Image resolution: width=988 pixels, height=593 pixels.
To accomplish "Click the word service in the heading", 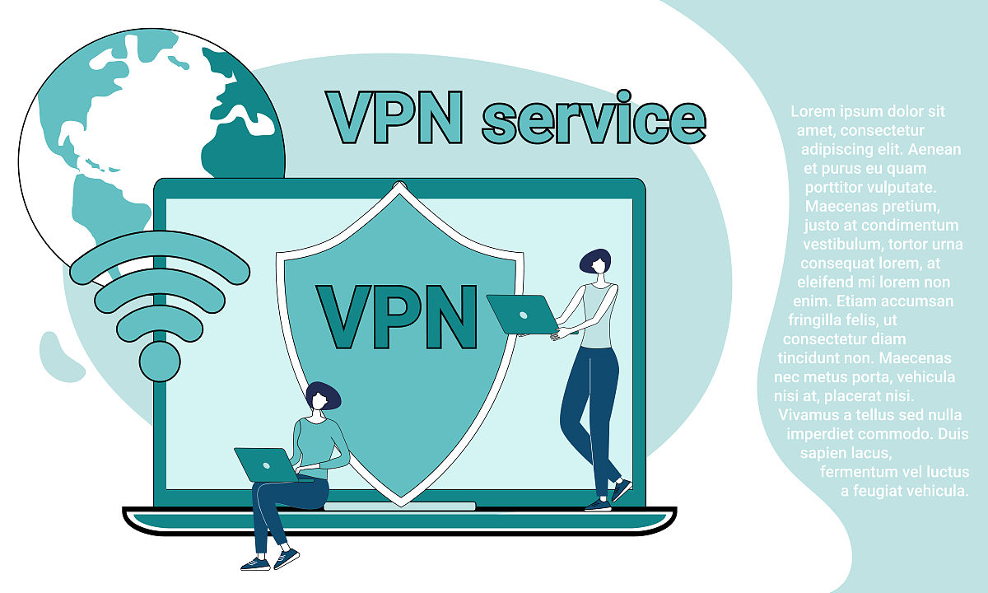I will click(x=593, y=119).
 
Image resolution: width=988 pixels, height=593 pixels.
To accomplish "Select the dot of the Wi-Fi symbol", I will click(x=159, y=360).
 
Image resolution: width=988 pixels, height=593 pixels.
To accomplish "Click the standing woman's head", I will click(x=596, y=262).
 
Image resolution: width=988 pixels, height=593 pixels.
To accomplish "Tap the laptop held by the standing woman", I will click(x=524, y=314).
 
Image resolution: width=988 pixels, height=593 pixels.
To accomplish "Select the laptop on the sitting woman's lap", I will click(x=265, y=464).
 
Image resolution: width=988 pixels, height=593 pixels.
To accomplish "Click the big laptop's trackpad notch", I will click(x=399, y=506).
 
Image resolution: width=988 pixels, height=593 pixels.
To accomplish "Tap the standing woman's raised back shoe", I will click(x=621, y=489).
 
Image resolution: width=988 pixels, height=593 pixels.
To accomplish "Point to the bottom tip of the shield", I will click(x=401, y=500).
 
